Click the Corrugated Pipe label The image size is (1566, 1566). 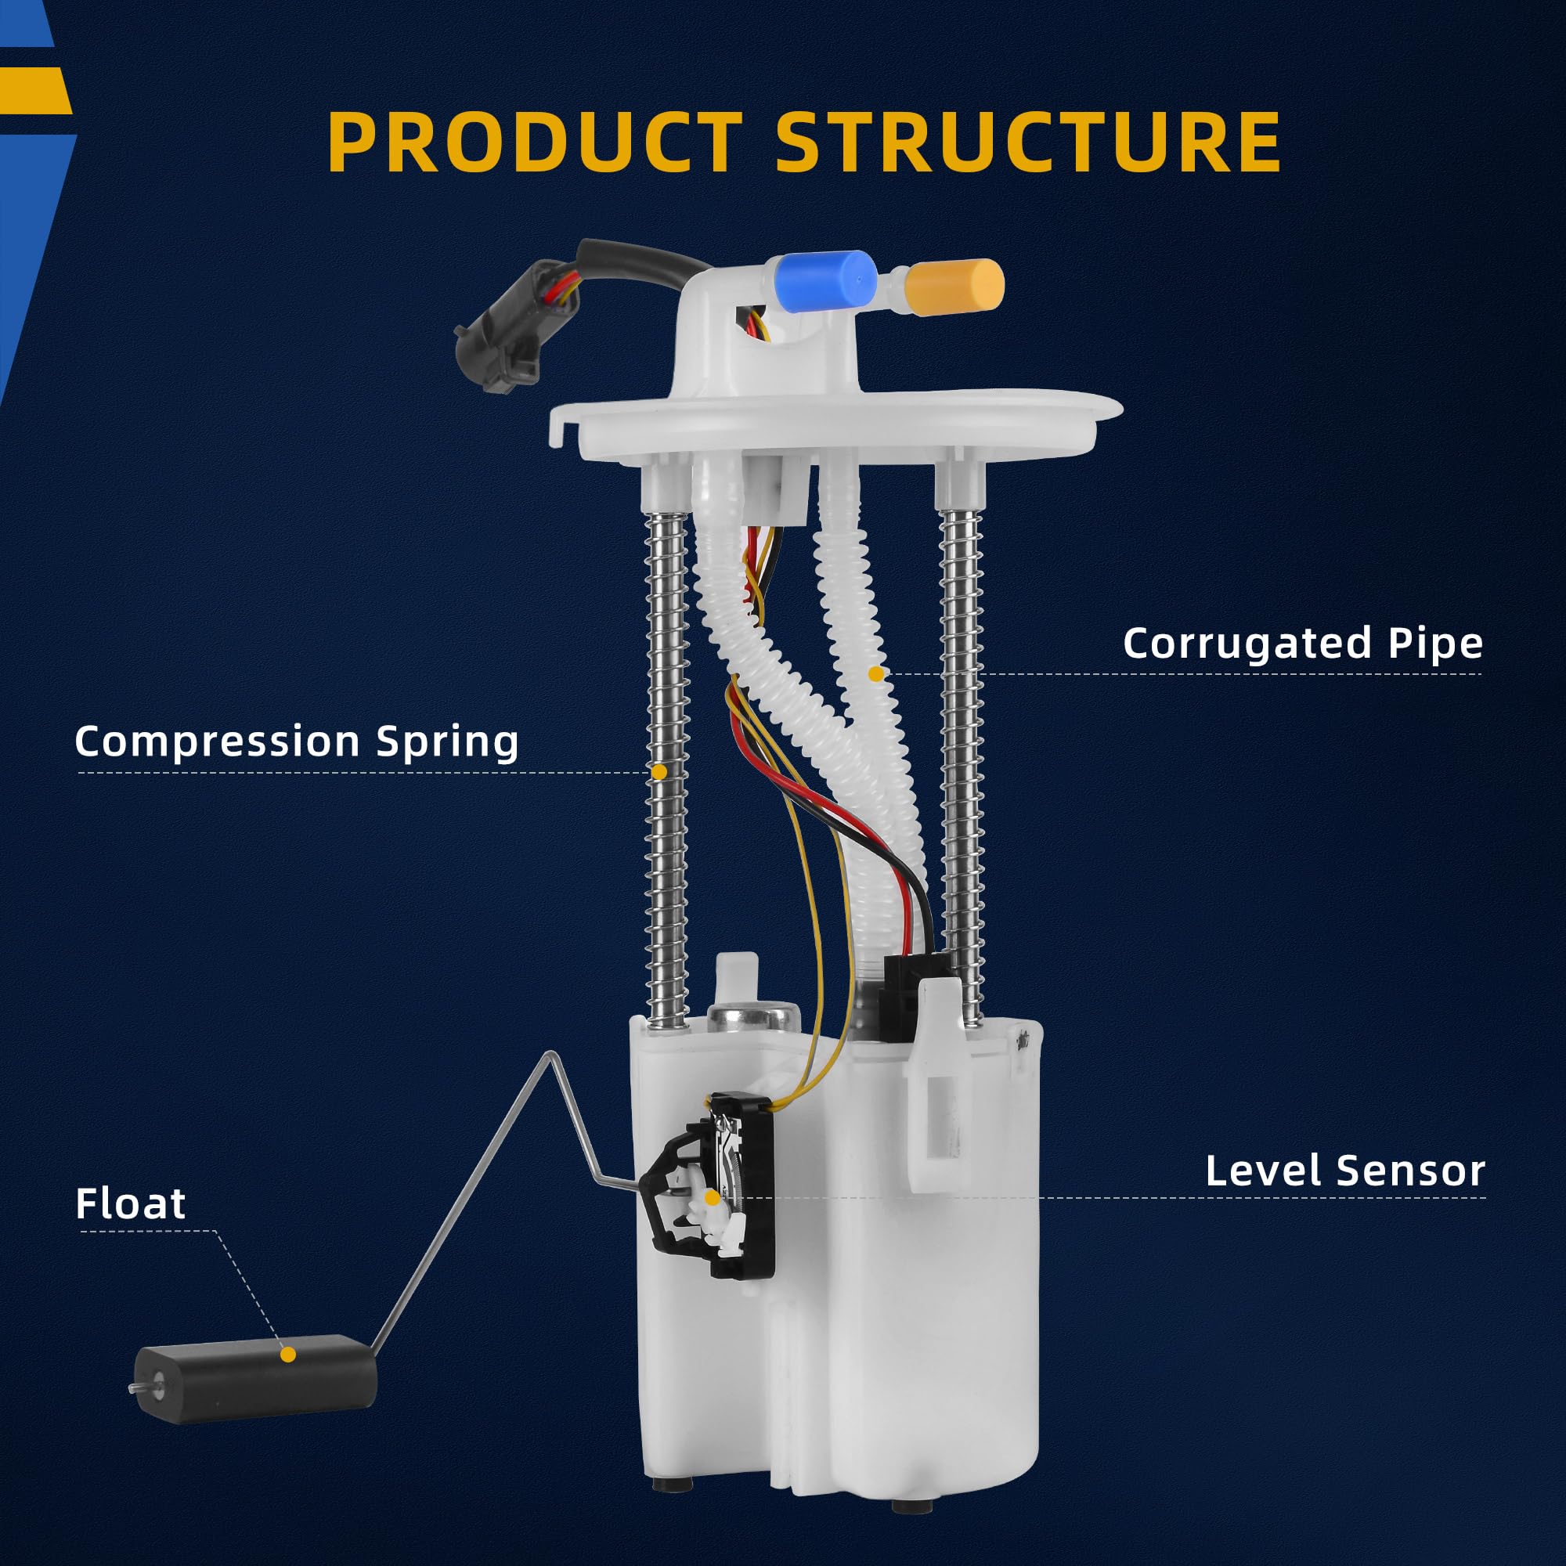click(x=1302, y=644)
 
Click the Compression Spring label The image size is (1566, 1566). click(x=297, y=741)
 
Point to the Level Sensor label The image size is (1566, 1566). click(x=1344, y=1171)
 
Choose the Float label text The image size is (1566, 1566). click(x=131, y=1203)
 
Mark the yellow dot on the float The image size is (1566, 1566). click(x=287, y=1354)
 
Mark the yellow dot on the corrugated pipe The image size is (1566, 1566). click(x=875, y=673)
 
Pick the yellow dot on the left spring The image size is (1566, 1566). click(x=659, y=773)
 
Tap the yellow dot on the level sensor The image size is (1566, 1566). click(x=713, y=1197)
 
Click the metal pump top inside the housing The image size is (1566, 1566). click(x=750, y=1016)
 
